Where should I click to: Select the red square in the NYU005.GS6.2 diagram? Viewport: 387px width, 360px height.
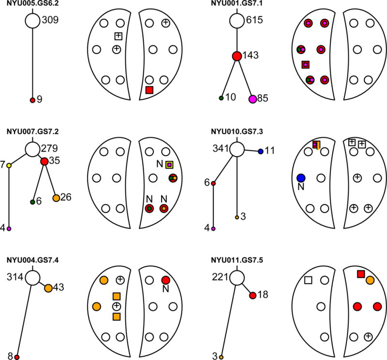(x=149, y=90)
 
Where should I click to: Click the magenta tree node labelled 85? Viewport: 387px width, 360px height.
(x=253, y=99)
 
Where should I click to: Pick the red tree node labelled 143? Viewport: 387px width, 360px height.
(x=237, y=56)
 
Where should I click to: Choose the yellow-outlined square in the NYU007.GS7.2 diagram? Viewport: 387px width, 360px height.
(x=169, y=165)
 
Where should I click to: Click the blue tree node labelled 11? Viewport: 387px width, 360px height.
(x=260, y=151)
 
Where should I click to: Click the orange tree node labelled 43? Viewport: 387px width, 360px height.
(x=48, y=288)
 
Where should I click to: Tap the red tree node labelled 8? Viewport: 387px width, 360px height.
(x=16, y=357)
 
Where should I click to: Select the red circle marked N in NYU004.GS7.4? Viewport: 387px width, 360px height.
(x=165, y=280)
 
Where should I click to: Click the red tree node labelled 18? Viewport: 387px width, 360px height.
(x=252, y=295)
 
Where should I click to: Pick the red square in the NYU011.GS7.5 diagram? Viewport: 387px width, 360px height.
(x=361, y=274)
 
